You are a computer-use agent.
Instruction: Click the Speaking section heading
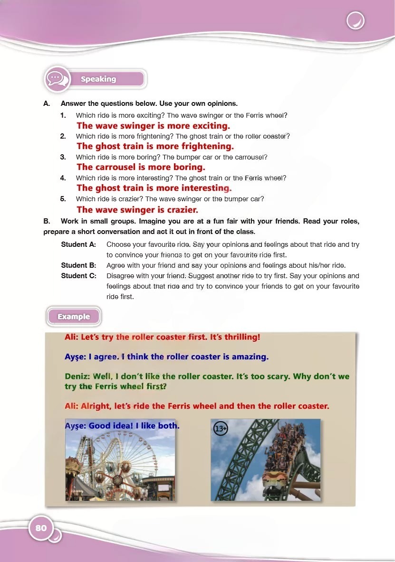pos(98,79)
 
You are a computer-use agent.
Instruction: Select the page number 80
pos(41,528)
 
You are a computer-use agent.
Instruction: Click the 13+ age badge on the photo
pos(221,429)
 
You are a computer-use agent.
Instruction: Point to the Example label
pos(74,317)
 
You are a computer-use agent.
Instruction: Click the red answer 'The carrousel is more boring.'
pos(141,167)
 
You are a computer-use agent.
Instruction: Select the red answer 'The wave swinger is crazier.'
pos(137,209)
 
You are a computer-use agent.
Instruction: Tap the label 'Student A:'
pos(78,244)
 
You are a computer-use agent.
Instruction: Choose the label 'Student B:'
pos(78,265)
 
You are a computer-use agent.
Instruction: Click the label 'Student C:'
pos(78,276)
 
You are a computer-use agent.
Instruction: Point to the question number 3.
pos(63,157)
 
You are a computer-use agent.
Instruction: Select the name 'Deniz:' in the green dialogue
pos(77,376)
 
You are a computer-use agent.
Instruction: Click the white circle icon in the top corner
pos(356,21)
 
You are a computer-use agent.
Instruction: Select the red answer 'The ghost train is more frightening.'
pos(155,146)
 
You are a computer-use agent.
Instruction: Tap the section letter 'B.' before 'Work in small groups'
pos(47,222)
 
